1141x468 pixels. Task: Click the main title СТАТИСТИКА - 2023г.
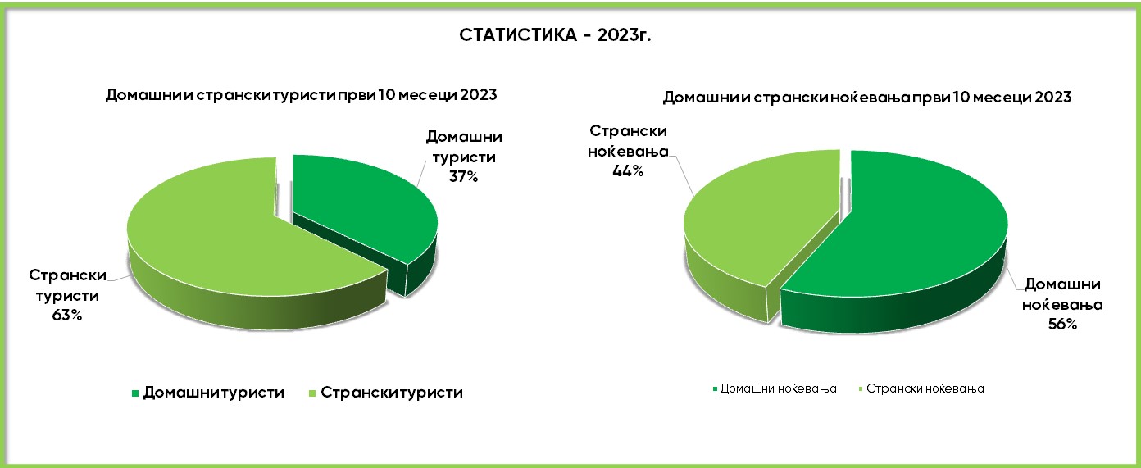coord(555,34)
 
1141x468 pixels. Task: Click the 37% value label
coord(464,177)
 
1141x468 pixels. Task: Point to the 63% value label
coord(66,316)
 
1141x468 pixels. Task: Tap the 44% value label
coord(628,171)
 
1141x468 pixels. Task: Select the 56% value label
coord(1062,325)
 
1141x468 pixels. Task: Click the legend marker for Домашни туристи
coord(135,393)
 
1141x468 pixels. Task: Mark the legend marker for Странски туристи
coord(313,393)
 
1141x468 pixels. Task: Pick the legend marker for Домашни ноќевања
coord(715,389)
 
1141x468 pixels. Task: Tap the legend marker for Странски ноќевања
coord(861,389)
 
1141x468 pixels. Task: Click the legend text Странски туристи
coord(392,393)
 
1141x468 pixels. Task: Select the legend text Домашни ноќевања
coord(779,389)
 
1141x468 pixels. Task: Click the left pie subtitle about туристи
coord(301,95)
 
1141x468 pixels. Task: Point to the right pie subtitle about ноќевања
coord(867,97)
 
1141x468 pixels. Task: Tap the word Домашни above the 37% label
coord(464,137)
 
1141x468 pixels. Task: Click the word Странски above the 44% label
coord(628,131)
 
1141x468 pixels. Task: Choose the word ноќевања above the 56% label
coord(1062,305)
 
